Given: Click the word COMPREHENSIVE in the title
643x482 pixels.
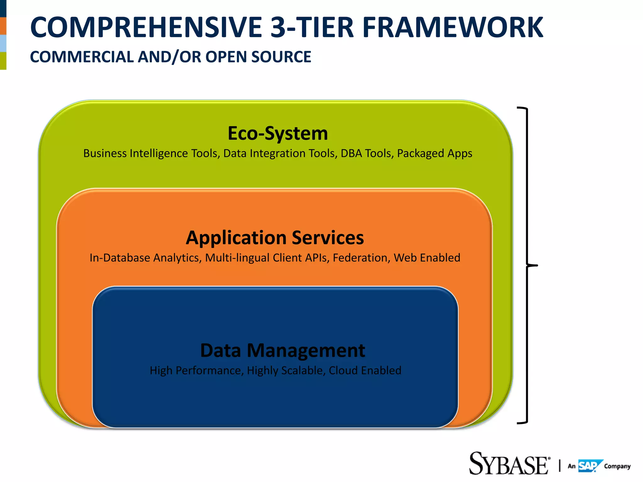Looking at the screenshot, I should click(x=146, y=28).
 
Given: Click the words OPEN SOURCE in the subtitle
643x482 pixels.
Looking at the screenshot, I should click(x=258, y=57).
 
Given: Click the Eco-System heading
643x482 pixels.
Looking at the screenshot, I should click(x=278, y=134).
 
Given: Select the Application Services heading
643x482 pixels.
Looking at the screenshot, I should click(x=275, y=238).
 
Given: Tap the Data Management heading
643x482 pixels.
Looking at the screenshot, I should click(x=283, y=351).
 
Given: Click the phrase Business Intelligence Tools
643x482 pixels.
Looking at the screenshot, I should click(x=151, y=153).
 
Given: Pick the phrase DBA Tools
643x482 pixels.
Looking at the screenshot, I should click(x=367, y=153).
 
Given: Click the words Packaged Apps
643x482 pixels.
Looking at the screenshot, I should click(x=435, y=153).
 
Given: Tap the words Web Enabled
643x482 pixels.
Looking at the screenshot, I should click(x=427, y=258).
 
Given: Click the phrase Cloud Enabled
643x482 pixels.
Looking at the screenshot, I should click(x=365, y=371).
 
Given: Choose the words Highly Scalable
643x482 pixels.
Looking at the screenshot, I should click(x=285, y=371).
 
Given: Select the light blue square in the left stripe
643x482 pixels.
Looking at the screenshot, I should click(x=3, y=43).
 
